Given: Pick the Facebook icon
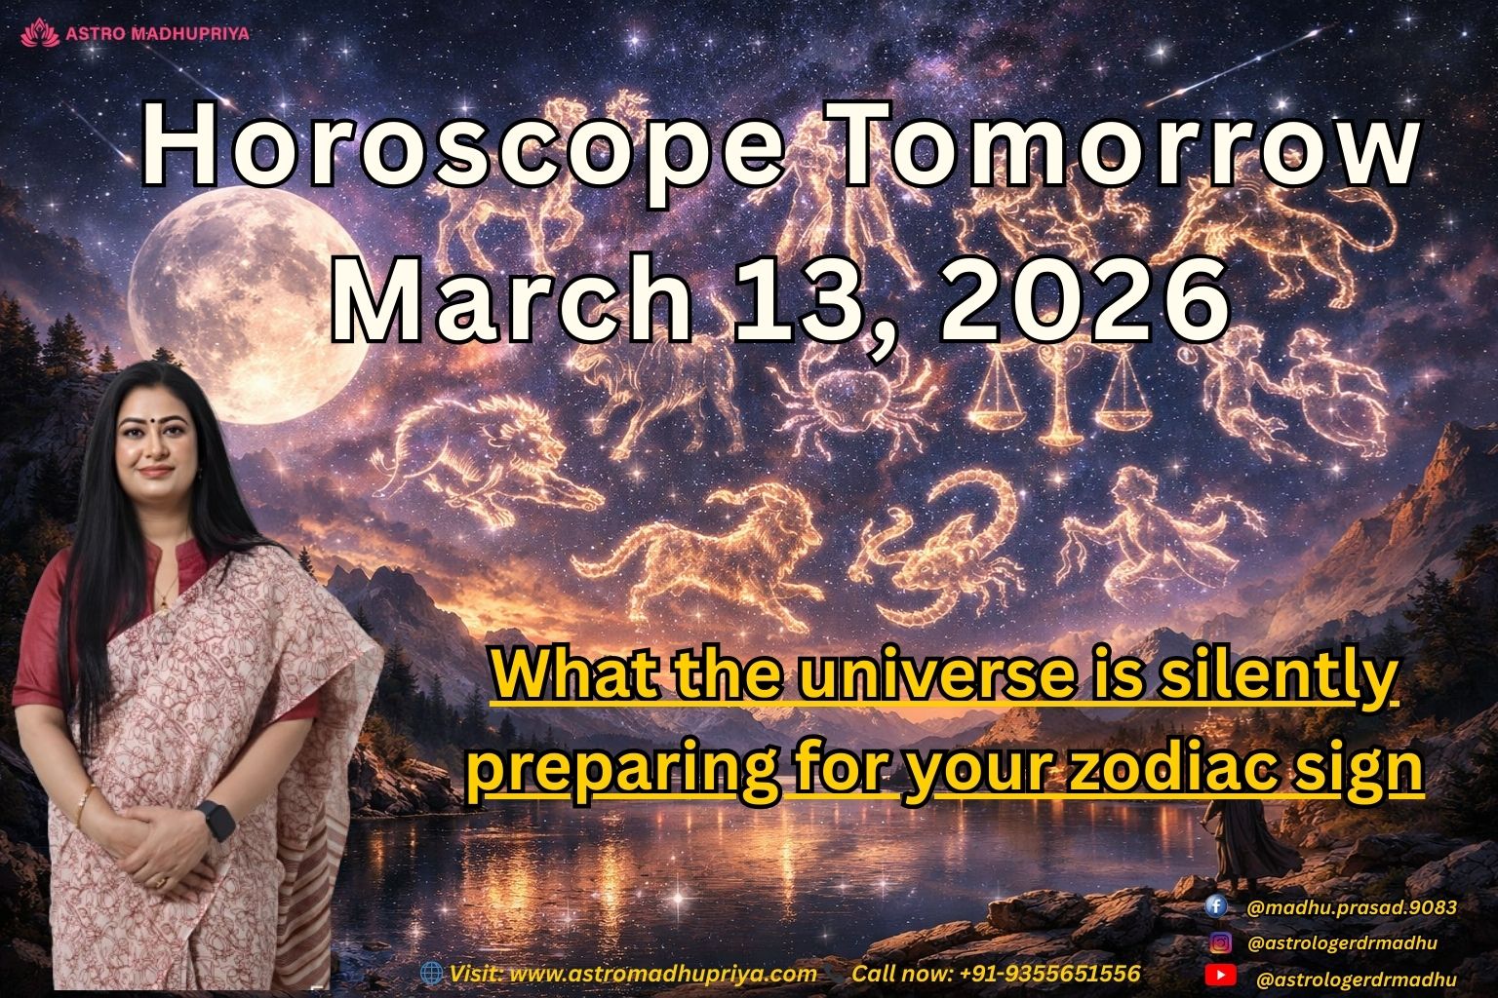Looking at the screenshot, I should point(1216,906).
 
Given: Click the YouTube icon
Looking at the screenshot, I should point(1220,977).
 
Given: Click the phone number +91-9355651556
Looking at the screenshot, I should point(1049,973).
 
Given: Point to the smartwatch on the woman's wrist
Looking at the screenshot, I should point(217,819).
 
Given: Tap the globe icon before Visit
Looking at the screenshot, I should point(430,973).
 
